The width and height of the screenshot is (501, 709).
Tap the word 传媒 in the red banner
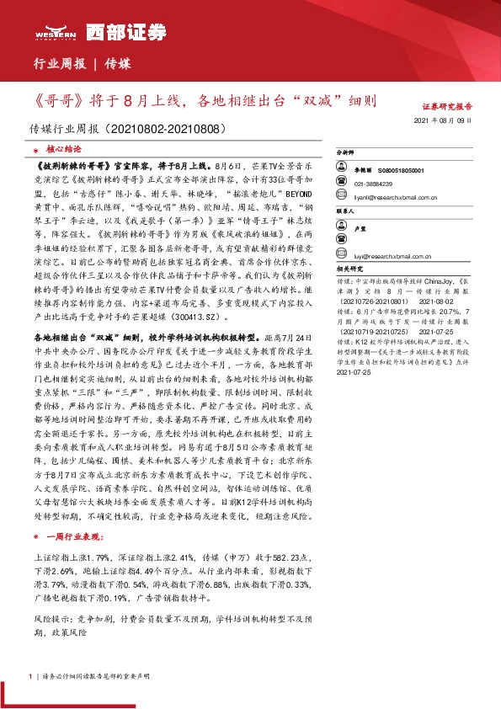[x=118, y=63]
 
